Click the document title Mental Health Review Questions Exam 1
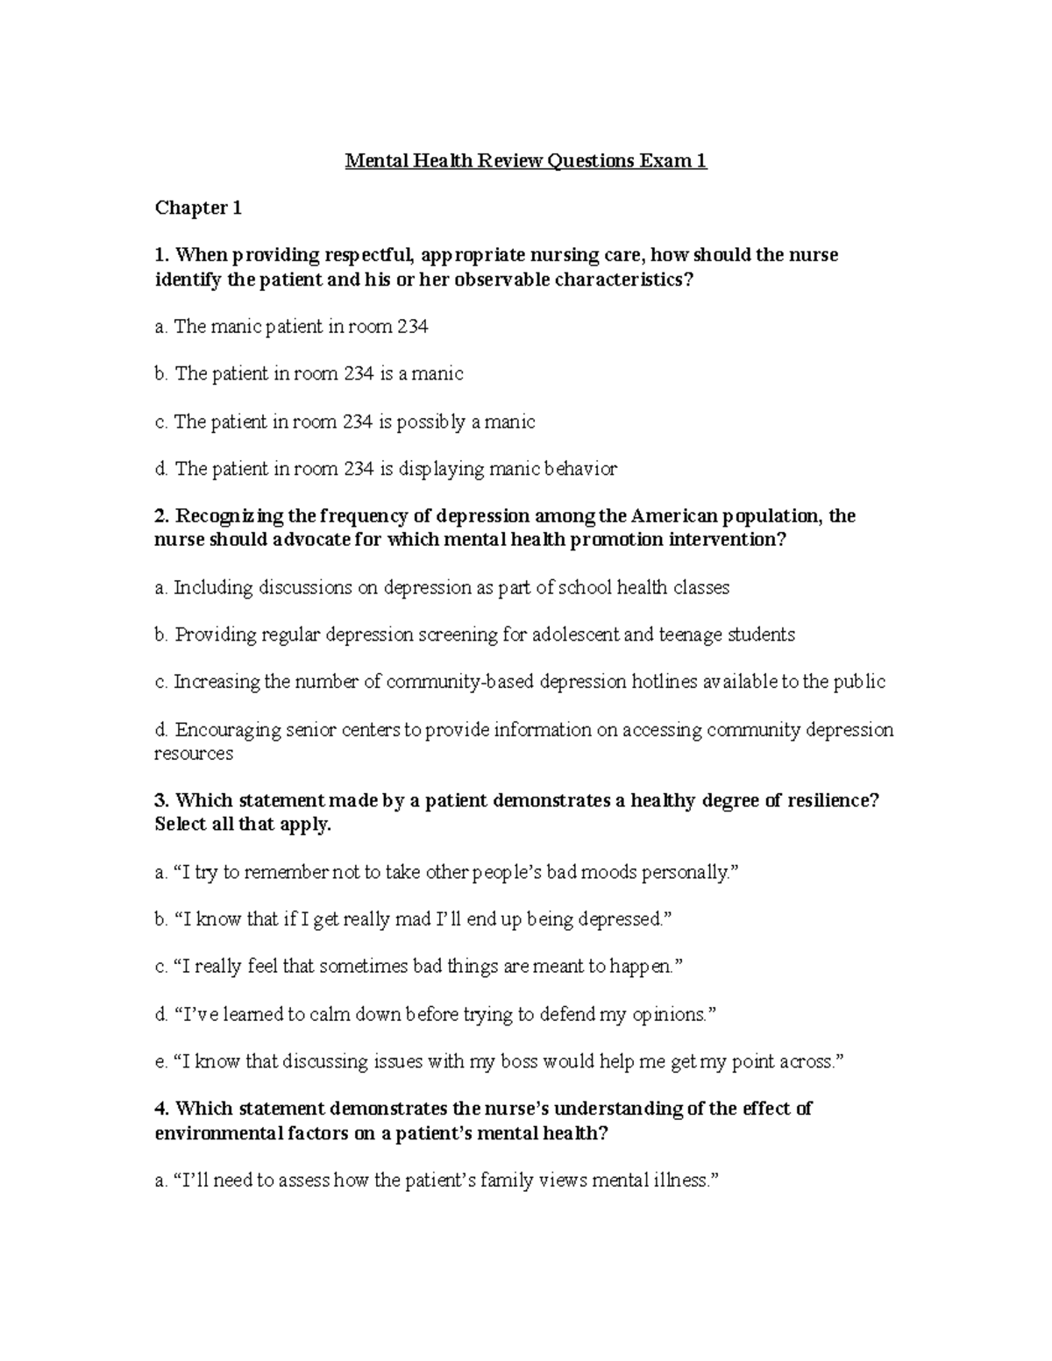525,161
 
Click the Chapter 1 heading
197,209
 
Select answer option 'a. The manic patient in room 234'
291,327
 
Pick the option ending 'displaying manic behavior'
386,469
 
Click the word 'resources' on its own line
194,754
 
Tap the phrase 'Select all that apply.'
243,825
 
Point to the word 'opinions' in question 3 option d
668,1015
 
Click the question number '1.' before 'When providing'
161,255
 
